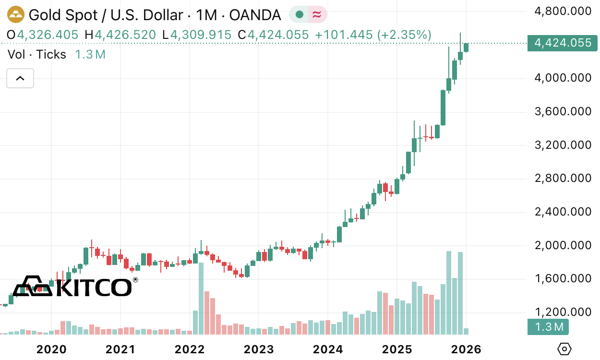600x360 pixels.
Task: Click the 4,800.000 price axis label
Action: [563, 11]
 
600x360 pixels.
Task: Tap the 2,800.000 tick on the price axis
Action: [563, 179]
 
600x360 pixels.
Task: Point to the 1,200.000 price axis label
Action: [563, 312]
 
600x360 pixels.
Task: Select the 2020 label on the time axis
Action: [52, 349]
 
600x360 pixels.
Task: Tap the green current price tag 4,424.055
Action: [562, 43]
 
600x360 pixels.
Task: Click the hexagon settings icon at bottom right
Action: [565, 349]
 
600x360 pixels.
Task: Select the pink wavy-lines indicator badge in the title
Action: [317, 15]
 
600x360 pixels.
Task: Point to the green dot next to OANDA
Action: [300, 15]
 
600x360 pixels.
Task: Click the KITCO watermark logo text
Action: [94, 287]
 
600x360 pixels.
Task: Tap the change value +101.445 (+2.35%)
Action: [373, 35]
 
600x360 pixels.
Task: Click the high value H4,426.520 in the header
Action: [120, 35]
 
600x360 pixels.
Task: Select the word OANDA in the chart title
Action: [255, 15]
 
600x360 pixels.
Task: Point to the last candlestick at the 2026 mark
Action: [466, 47]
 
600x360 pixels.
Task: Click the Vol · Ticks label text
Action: [37, 55]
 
